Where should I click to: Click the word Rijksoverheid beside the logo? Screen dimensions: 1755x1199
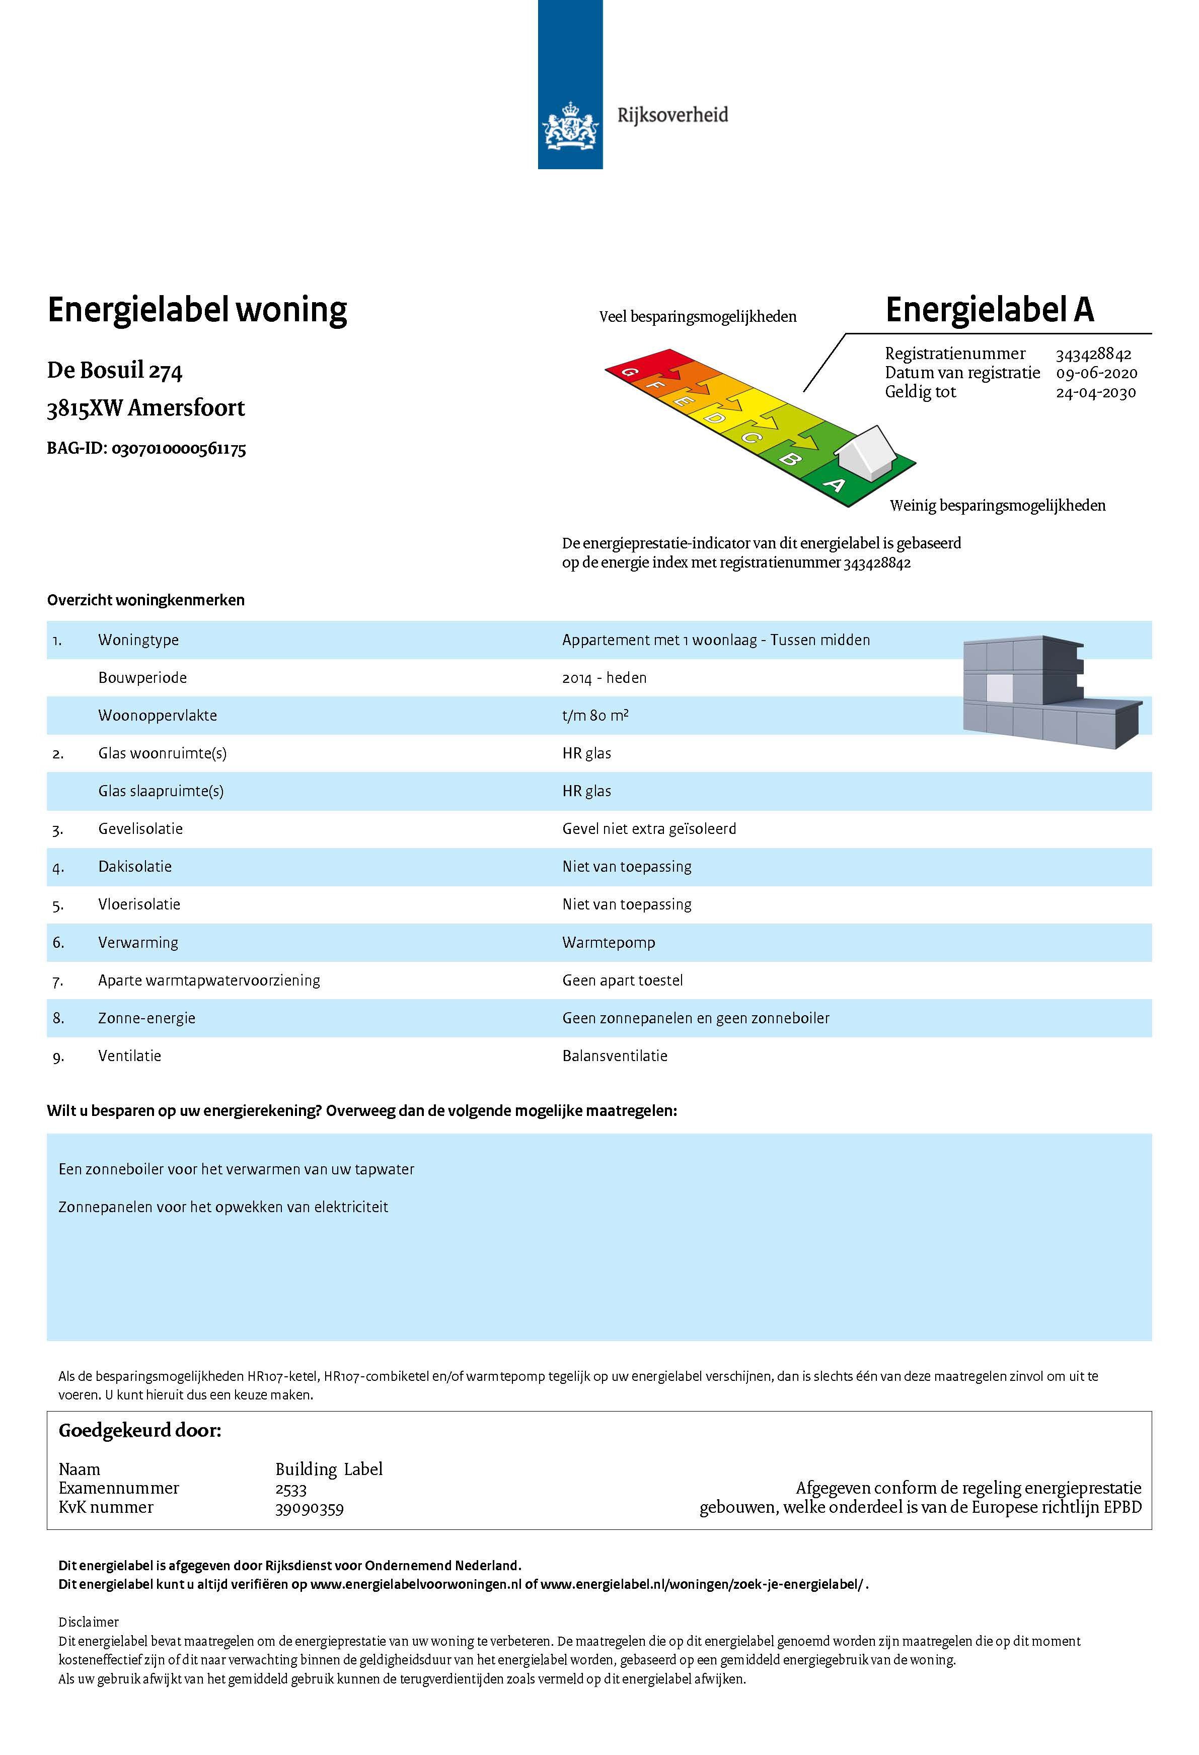coord(672,115)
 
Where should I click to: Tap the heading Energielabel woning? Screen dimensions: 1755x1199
coord(197,310)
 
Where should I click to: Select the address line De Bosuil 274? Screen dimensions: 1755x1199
coord(115,371)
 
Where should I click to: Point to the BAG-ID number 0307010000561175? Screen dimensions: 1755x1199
coord(179,449)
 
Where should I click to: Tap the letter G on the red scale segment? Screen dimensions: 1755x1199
coord(627,371)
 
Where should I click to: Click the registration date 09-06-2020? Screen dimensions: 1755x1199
coord(1096,373)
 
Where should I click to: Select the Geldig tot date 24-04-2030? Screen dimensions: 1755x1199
coord(1095,392)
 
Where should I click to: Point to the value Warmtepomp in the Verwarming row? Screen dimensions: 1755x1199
coord(609,942)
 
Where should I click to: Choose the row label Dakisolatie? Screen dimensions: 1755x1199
coord(135,867)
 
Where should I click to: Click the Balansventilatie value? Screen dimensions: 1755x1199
coord(615,1056)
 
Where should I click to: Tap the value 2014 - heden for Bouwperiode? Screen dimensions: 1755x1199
coord(604,677)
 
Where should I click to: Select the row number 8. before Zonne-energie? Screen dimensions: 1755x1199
coord(58,1018)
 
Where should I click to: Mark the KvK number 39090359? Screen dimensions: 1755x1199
coord(310,1508)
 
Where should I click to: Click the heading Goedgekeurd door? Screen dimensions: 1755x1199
coord(140,1430)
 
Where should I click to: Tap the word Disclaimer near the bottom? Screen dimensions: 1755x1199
coord(89,1622)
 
